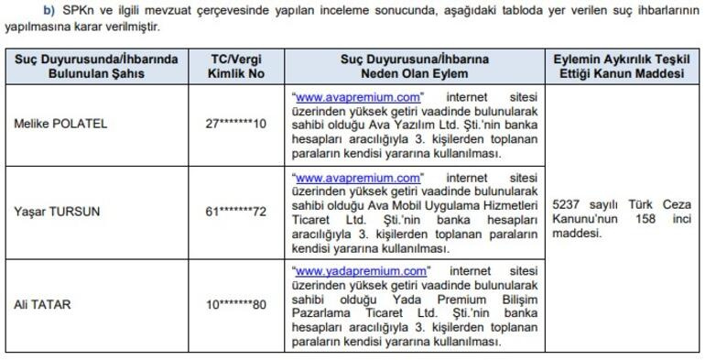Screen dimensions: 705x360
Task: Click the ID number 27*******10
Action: point(236,124)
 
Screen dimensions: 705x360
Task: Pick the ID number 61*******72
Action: point(236,212)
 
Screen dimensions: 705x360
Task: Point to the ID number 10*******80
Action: point(236,305)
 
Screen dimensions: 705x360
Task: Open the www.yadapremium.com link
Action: point(361,271)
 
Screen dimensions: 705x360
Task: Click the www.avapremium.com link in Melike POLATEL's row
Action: point(357,95)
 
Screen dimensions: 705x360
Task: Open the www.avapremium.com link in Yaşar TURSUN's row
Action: point(357,177)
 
